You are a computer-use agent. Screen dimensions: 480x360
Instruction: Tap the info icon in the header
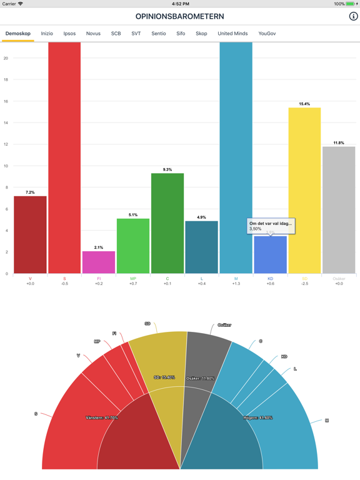click(x=353, y=16)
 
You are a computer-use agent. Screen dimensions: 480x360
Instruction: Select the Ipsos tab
click(x=69, y=34)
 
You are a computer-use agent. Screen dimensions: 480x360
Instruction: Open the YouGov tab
click(x=267, y=34)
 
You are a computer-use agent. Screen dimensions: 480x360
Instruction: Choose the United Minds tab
click(x=232, y=34)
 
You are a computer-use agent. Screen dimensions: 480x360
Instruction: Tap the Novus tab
click(x=93, y=34)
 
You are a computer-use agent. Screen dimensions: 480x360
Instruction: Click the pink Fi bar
click(x=99, y=262)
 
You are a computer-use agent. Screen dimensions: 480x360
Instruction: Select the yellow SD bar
click(x=304, y=191)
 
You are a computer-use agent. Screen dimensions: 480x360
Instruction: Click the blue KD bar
click(x=270, y=256)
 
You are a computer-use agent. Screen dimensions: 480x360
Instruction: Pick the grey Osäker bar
click(x=339, y=210)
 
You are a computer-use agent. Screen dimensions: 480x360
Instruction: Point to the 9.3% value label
click(x=167, y=169)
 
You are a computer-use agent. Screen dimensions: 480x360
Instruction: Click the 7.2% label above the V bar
click(x=30, y=192)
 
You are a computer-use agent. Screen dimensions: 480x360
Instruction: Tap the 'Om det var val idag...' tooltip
click(x=271, y=226)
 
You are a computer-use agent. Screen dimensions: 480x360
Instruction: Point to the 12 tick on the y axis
click(x=6, y=144)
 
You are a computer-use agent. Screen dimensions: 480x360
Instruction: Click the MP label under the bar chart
click(x=133, y=279)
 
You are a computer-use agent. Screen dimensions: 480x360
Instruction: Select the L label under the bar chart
click(x=201, y=279)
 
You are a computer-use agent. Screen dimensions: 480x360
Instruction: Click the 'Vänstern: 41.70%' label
click(x=102, y=417)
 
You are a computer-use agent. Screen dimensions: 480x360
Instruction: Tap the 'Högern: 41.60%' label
click(x=257, y=417)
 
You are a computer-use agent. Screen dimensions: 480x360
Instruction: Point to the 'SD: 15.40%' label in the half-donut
click(x=164, y=377)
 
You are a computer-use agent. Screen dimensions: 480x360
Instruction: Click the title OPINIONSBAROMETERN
click(x=179, y=16)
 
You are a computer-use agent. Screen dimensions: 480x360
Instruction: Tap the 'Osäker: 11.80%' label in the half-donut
click(x=201, y=378)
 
